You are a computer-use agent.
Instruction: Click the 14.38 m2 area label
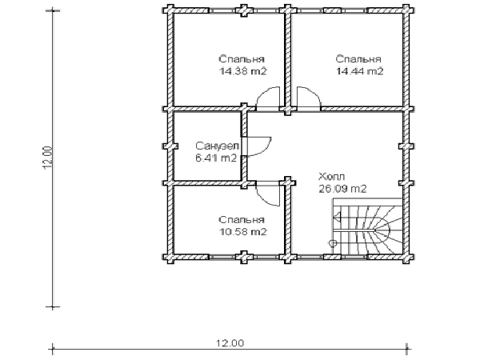[243, 71]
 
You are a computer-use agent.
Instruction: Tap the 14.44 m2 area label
[360, 71]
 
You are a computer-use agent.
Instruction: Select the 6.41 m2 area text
[216, 158]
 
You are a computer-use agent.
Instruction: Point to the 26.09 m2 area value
[342, 189]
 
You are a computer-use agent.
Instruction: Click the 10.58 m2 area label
[243, 232]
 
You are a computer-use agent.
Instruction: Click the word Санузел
[218, 146]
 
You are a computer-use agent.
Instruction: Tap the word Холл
[332, 177]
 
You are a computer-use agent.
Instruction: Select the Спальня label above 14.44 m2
[358, 58]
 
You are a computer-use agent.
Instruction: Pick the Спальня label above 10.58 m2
[242, 220]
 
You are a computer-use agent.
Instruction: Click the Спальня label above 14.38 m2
[242, 58]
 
